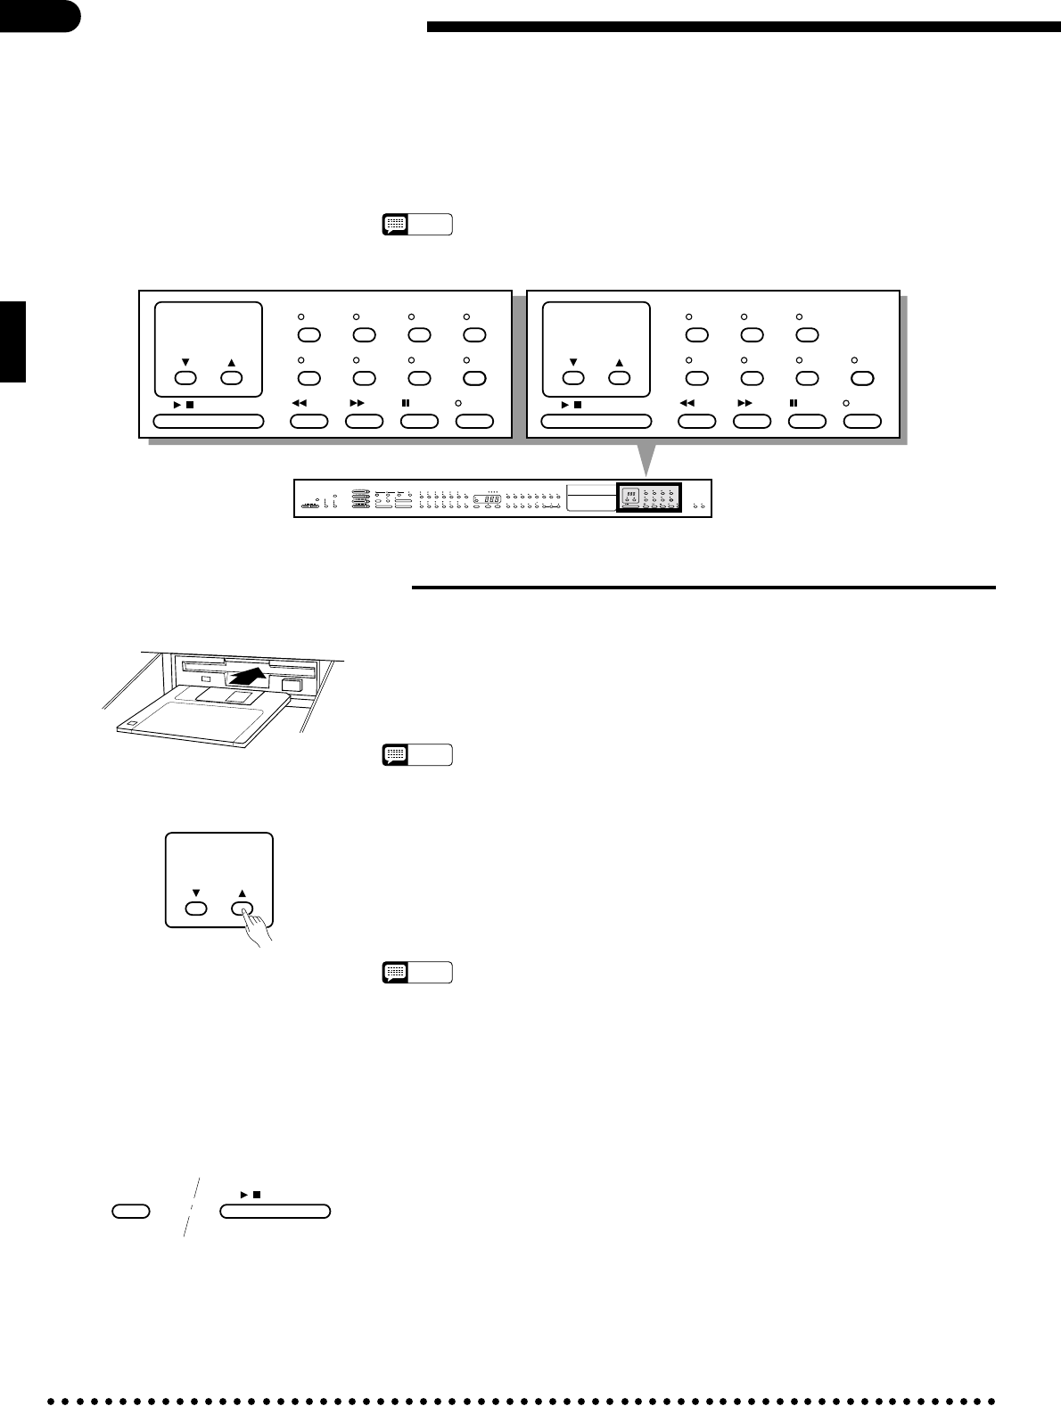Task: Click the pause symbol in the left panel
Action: coord(406,403)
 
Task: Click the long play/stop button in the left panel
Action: coord(209,421)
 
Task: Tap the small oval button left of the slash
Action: coord(130,1211)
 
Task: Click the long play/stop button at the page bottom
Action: coord(275,1211)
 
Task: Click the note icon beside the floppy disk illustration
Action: coord(395,755)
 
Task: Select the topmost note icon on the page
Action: coord(395,224)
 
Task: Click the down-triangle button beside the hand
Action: coord(196,909)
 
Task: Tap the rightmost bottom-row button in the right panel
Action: coord(862,421)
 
